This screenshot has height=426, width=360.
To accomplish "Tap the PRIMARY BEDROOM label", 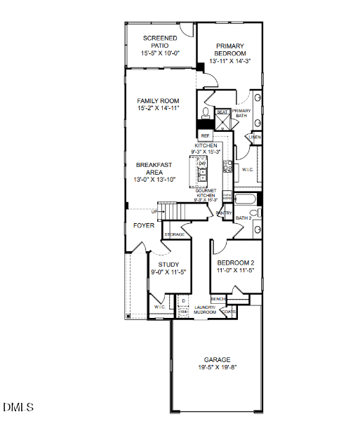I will (x=230, y=49).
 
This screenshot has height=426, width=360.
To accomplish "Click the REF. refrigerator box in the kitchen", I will (x=206, y=135).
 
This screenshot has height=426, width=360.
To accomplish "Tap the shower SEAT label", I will (x=222, y=112).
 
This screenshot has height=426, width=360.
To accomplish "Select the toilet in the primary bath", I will (x=206, y=113).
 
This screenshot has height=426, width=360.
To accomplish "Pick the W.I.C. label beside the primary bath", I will (x=248, y=169).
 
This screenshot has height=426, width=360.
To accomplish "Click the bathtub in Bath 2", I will (x=246, y=199).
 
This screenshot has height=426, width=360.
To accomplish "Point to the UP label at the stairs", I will (x=154, y=211).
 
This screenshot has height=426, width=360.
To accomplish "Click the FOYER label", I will (x=144, y=226).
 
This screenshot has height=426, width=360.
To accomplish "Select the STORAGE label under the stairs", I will (x=174, y=234).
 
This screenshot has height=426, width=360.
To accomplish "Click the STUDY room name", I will (x=168, y=265).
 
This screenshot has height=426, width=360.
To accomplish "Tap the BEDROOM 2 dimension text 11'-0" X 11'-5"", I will (x=235, y=270).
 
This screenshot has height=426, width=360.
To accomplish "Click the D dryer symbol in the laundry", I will (x=183, y=300).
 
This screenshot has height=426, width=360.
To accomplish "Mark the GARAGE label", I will (x=217, y=359).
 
